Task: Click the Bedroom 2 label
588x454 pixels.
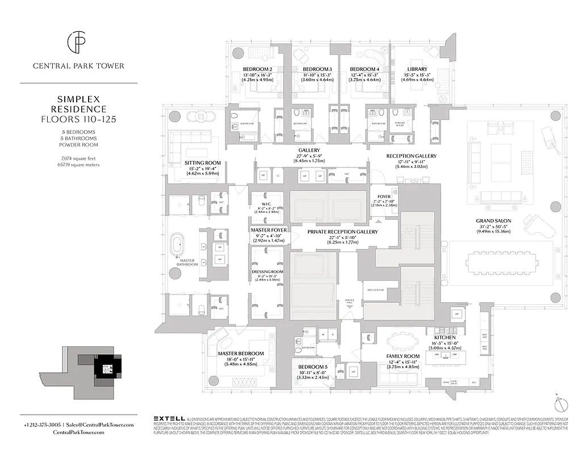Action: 258,69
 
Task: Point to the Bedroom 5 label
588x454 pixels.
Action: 312,366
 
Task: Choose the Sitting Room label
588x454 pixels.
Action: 202,163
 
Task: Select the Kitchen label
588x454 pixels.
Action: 445,338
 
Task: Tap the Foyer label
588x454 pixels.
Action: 385,197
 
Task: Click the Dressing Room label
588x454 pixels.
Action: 267,272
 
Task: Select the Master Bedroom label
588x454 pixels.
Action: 241,354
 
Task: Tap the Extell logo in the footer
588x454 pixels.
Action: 169,418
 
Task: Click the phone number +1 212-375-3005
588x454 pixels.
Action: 43,424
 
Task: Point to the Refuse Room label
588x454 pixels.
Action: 376,289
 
